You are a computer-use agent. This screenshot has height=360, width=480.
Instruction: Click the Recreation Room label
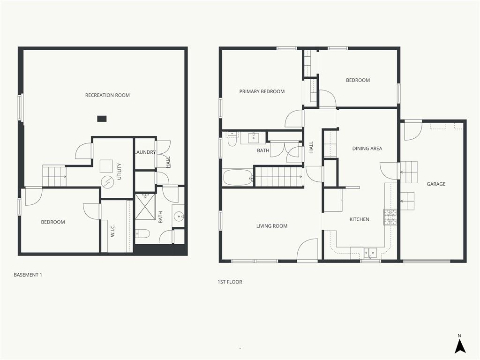pos(107,95)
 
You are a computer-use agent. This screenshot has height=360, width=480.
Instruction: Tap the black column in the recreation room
pos(102,119)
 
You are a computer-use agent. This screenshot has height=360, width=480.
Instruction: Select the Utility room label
pos(120,172)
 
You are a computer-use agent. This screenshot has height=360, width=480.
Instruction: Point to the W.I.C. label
pos(112,231)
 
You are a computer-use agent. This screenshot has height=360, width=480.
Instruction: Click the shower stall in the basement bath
pos(145,206)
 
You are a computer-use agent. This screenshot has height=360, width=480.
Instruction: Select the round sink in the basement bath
pos(179,217)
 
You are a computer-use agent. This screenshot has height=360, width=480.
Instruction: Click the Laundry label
pos(146,152)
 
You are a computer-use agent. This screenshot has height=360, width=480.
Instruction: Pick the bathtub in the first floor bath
pos(238,178)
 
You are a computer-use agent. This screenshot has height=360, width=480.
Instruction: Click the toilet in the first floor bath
pos(232,139)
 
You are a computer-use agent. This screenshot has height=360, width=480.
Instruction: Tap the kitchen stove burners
pos(390,217)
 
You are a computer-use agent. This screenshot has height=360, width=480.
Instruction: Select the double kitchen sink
pos(370,253)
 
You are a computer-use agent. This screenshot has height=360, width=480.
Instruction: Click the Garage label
pos(436,184)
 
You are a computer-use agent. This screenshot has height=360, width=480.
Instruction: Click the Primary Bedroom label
pos(262,91)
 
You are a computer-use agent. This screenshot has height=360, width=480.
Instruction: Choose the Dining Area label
pos(367,149)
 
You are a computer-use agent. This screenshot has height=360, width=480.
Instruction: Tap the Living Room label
pos(272,226)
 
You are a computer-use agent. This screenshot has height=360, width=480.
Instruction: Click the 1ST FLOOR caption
pos(230,282)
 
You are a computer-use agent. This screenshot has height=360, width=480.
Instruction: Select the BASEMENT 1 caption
pos(28,275)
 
